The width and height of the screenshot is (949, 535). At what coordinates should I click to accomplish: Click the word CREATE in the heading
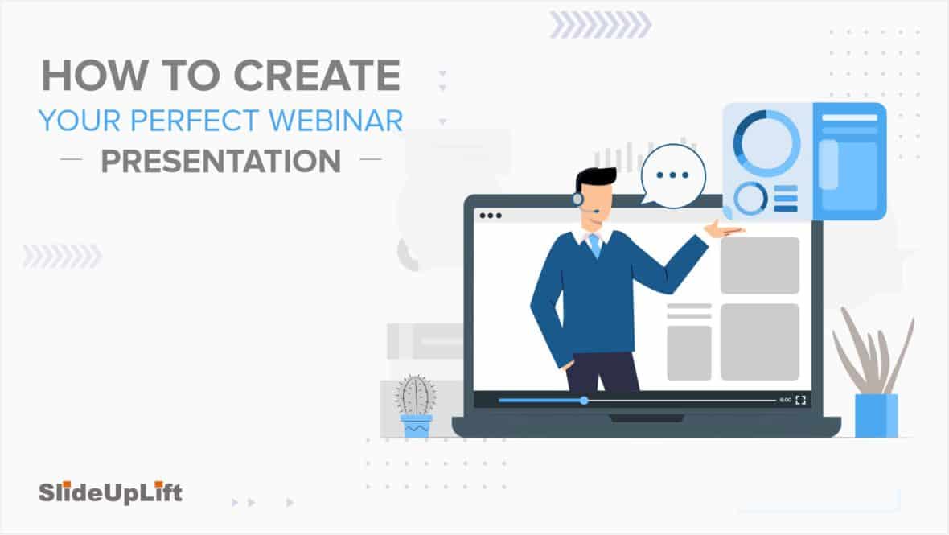[x=317, y=76]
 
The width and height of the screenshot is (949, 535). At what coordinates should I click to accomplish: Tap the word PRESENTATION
[x=221, y=161]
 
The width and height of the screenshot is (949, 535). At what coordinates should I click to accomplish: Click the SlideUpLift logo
[x=110, y=492]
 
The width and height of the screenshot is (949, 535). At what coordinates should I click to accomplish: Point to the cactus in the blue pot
[x=415, y=395]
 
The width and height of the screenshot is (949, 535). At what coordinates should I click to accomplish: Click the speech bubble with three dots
[x=673, y=176]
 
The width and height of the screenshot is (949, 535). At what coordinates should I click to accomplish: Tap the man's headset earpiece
[x=578, y=199]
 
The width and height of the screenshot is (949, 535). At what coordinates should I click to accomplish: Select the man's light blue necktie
[x=596, y=245]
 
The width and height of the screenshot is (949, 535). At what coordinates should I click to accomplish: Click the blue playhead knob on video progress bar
[x=584, y=401]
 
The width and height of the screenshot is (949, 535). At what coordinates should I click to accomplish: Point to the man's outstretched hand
[x=723, y=229]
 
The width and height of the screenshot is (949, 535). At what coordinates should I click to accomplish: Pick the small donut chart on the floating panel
[x=750, y=198]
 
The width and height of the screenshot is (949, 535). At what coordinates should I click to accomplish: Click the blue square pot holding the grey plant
[x=877, y=415]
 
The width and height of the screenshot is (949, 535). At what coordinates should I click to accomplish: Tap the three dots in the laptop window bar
[x=491, y=216]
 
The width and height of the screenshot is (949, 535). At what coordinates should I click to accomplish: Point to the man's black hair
[x=594, y=179]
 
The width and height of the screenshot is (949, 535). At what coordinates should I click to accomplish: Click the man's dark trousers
[x=602, y=371]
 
